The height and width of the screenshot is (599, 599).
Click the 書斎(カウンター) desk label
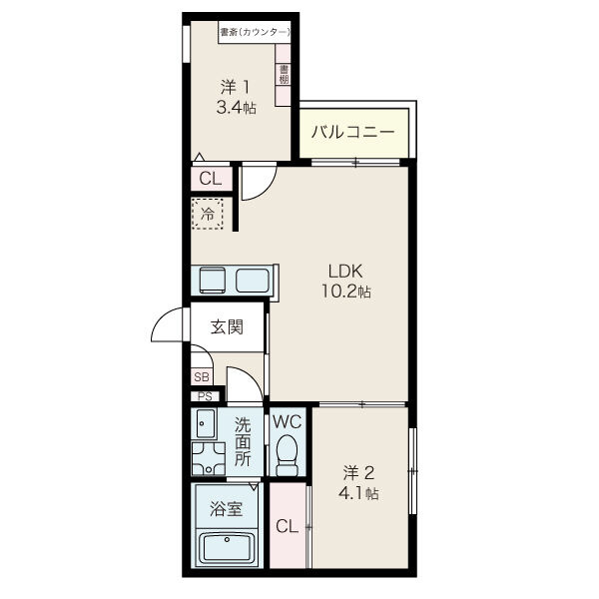point(255,33)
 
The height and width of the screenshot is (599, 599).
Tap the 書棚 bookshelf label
point(284,74)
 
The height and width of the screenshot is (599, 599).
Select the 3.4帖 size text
point(236,108)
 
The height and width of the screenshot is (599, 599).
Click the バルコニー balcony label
point(352,133)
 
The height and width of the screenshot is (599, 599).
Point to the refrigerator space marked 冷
point(208,214)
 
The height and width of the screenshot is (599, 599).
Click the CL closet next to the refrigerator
point(211,179)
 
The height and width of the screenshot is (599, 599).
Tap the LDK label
point(345,272)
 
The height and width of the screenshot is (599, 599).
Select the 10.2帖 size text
point(345,293)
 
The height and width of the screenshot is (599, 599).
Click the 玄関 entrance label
point(227,327)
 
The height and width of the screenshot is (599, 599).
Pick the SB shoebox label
point(202,377)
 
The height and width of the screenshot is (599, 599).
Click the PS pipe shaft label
point(205,397)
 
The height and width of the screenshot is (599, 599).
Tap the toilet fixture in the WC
point(287,455)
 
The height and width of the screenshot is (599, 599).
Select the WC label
point(287,422)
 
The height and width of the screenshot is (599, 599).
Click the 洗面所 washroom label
point(243,442)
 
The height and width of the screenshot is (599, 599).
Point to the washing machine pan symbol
point(209,458)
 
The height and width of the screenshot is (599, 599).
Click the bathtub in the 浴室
point(227,547)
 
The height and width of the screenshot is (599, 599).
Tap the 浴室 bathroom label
point(227,509)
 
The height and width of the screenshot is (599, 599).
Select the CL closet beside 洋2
point(289,525)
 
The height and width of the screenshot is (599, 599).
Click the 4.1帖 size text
point(358,494)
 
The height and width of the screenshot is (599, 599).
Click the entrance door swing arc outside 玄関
point(163,317)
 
